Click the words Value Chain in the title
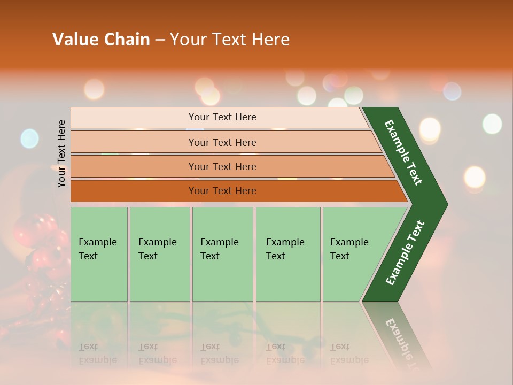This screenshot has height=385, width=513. [x=101, y=40]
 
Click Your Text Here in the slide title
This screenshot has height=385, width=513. [x=230, y=40]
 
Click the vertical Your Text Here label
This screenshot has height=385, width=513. [x=61, y=153]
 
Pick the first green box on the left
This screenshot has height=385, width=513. [x=99, y=254]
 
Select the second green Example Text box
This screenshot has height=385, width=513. [x=159, y=254]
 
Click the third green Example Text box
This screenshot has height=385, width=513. [x=222, y=254]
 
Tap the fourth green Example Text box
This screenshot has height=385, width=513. [x=287, y=254]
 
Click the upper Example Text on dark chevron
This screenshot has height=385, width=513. [x=404, y=153]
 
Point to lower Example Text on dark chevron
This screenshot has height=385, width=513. [x=405, y=253]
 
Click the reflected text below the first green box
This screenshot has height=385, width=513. [x=97, y=353]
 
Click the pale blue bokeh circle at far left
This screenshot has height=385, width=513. [x=29, y=138]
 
